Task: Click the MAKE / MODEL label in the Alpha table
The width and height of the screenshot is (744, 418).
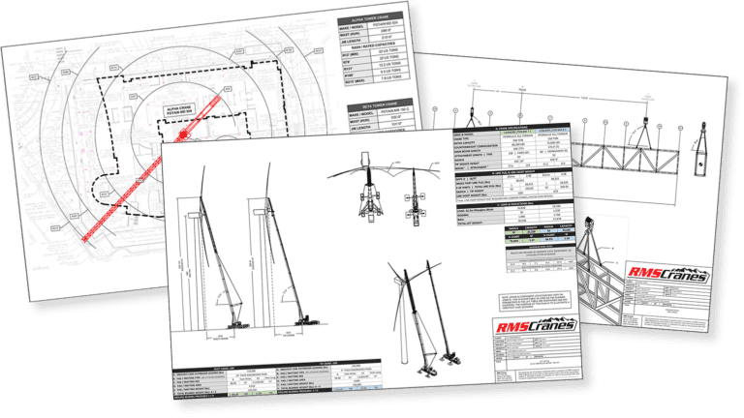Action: pyautogui.click(x=354, y=26)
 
